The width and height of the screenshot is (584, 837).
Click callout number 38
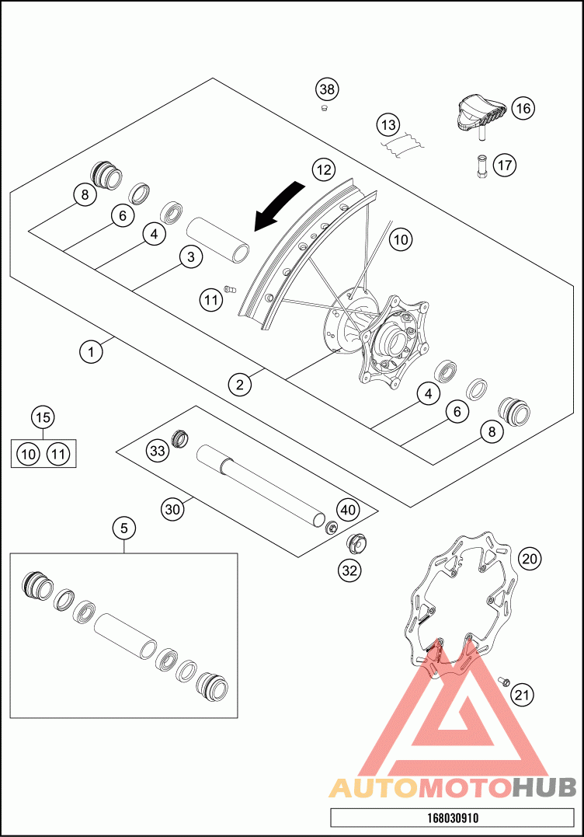[328, 89]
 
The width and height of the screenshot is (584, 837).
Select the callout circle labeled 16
[523, 108]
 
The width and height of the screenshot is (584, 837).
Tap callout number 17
[504, 165]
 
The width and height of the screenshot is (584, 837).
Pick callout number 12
[324, 169]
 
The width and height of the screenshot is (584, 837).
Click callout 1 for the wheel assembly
[92, 352]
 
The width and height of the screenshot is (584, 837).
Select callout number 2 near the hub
[240, 382]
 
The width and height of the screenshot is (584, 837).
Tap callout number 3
[190, 256]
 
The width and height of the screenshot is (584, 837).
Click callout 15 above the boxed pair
[43, 417]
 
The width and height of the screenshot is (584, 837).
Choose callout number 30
[173, 509]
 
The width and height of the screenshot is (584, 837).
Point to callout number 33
[158, 449]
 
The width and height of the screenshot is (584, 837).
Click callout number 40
[347, 510]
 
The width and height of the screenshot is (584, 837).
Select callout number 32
[350, 570]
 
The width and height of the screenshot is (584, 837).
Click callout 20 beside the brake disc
[530, 558]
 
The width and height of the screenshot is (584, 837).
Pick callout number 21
[523, 695]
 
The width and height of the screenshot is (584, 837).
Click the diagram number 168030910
[453, 818]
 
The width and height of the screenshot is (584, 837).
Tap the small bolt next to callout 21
[502, 682]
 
